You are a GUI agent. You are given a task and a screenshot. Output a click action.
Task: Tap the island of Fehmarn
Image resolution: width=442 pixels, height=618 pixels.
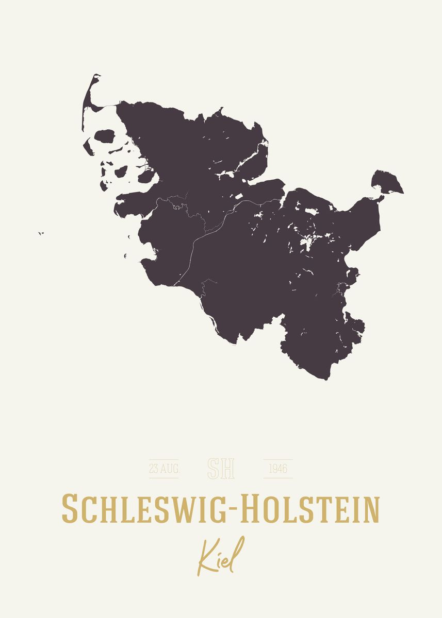(x=386, y=182)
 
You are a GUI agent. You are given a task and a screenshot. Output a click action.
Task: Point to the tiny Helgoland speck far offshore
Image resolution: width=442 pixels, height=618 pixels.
(x=40, y=233)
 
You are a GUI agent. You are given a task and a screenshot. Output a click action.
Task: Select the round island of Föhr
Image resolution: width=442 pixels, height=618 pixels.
(x=105, y=137)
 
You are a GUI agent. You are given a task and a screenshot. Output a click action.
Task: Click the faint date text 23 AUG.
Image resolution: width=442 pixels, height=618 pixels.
(x=164, y=469)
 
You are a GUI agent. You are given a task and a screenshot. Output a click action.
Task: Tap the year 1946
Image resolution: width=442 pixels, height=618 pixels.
(x=278, y=469)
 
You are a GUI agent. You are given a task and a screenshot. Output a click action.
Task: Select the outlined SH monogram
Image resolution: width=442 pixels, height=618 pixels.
(x=221, y=468)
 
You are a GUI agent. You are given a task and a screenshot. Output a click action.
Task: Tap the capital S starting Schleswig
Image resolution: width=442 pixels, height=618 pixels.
(x=70, y=508)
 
